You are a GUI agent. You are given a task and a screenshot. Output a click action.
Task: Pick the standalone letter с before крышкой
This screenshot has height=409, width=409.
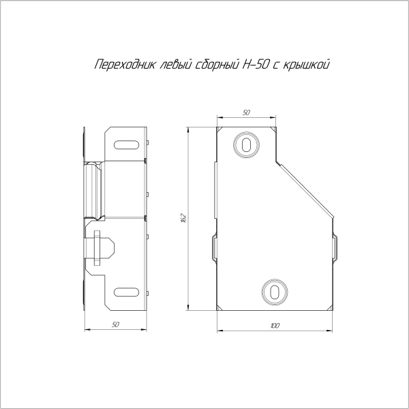[279, 65]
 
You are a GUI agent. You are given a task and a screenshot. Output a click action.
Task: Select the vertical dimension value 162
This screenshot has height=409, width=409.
[183, 218]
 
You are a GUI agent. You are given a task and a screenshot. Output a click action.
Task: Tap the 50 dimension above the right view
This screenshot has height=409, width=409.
[246, 112]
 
